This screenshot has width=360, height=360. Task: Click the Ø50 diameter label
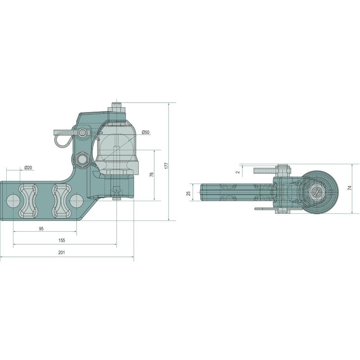(x=145, y=132)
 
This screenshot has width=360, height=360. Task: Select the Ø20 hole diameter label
(x=28, y=167)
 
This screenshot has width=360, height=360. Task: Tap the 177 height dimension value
(x=166, y=166)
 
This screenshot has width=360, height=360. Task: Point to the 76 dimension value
(x=152, y=175)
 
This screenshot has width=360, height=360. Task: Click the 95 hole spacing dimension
(x=41, y=229)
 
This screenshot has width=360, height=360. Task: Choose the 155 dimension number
(x=62, y=241)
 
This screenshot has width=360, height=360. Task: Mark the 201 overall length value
(x=62, y=252)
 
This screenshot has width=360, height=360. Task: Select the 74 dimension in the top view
(x=350, y=189)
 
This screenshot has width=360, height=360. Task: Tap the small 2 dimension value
(x=238, y=172)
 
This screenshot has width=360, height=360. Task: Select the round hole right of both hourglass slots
(x=77, y=200)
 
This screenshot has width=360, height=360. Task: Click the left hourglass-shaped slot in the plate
(x=28, y=200)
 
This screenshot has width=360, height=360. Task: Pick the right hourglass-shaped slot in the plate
(x=61, y=200)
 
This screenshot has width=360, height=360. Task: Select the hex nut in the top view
(x=318, y=193)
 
